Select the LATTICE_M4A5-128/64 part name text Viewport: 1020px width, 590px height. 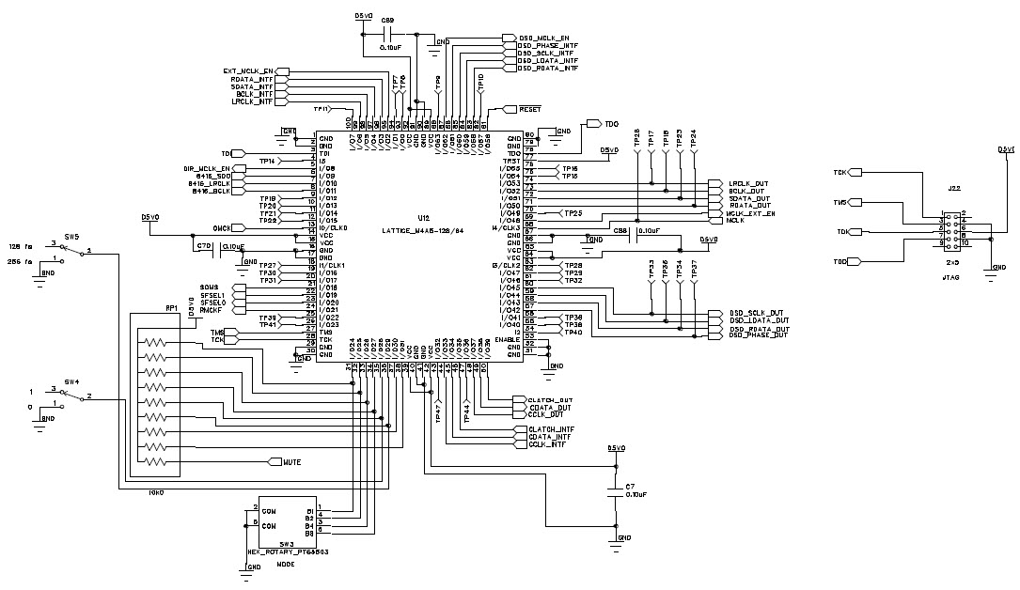pos(423,229)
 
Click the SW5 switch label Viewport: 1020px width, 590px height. pos(71,237)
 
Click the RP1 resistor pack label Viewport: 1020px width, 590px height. pos(172,307)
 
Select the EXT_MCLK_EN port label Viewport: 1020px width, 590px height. pos(248,70)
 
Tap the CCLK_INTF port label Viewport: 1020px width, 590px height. pos(547,443)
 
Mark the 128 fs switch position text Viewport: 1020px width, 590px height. pos(21,246)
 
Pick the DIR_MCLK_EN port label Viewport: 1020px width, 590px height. pos(207,168)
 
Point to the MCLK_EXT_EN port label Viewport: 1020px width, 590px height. pos(751,213)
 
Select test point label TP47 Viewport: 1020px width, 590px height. pos(437,412)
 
